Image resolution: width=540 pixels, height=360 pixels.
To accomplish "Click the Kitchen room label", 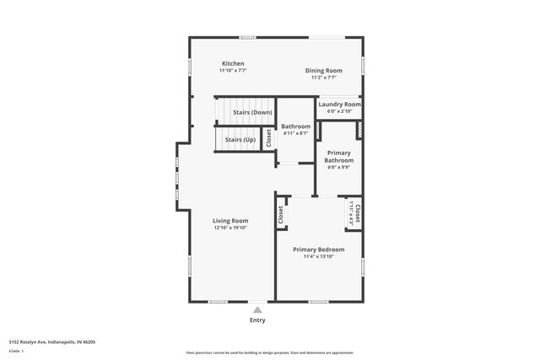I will [233, 64].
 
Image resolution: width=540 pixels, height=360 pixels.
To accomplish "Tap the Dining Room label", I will [323, 70].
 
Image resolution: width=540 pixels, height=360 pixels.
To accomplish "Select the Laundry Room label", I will [339, 104].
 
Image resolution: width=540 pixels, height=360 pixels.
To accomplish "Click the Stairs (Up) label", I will [240, 139].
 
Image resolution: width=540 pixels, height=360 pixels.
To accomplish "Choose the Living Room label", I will [229, 221].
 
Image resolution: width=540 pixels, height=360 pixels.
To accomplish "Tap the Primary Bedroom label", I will [318, 250].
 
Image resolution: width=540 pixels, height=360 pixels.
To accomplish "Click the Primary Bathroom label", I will [339, 156].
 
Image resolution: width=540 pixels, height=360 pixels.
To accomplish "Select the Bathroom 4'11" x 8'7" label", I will [295, 126].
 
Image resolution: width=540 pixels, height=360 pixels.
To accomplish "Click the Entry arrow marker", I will [258, 309].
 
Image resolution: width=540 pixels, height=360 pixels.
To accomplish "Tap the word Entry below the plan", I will [257, 320].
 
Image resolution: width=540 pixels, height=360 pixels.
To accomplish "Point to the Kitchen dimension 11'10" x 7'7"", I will [233, 71].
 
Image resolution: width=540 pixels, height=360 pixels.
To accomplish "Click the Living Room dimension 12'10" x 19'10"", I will [229, 228].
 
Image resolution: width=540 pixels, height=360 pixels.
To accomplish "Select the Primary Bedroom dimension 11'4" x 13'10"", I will [319, 256].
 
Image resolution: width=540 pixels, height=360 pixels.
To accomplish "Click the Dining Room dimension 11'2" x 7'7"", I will [323, 77].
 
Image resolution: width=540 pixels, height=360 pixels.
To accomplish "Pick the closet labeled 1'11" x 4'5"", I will [350, 212].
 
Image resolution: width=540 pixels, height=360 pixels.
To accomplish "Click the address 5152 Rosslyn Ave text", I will [51, 342].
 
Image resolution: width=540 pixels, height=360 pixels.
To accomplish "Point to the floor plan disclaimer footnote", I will [269, 353].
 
